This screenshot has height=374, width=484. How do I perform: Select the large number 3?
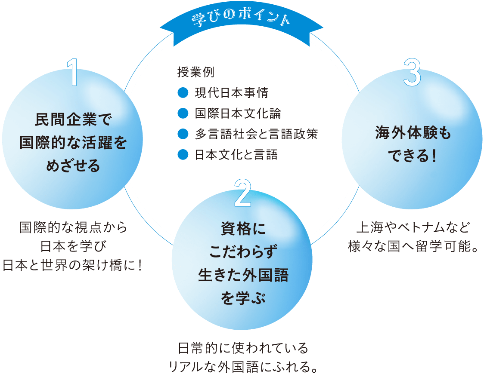(x=412, y=73)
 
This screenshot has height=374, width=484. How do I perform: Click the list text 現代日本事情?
(x=231, y=92)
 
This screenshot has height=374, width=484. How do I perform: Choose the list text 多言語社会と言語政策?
(x=256, y=134)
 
